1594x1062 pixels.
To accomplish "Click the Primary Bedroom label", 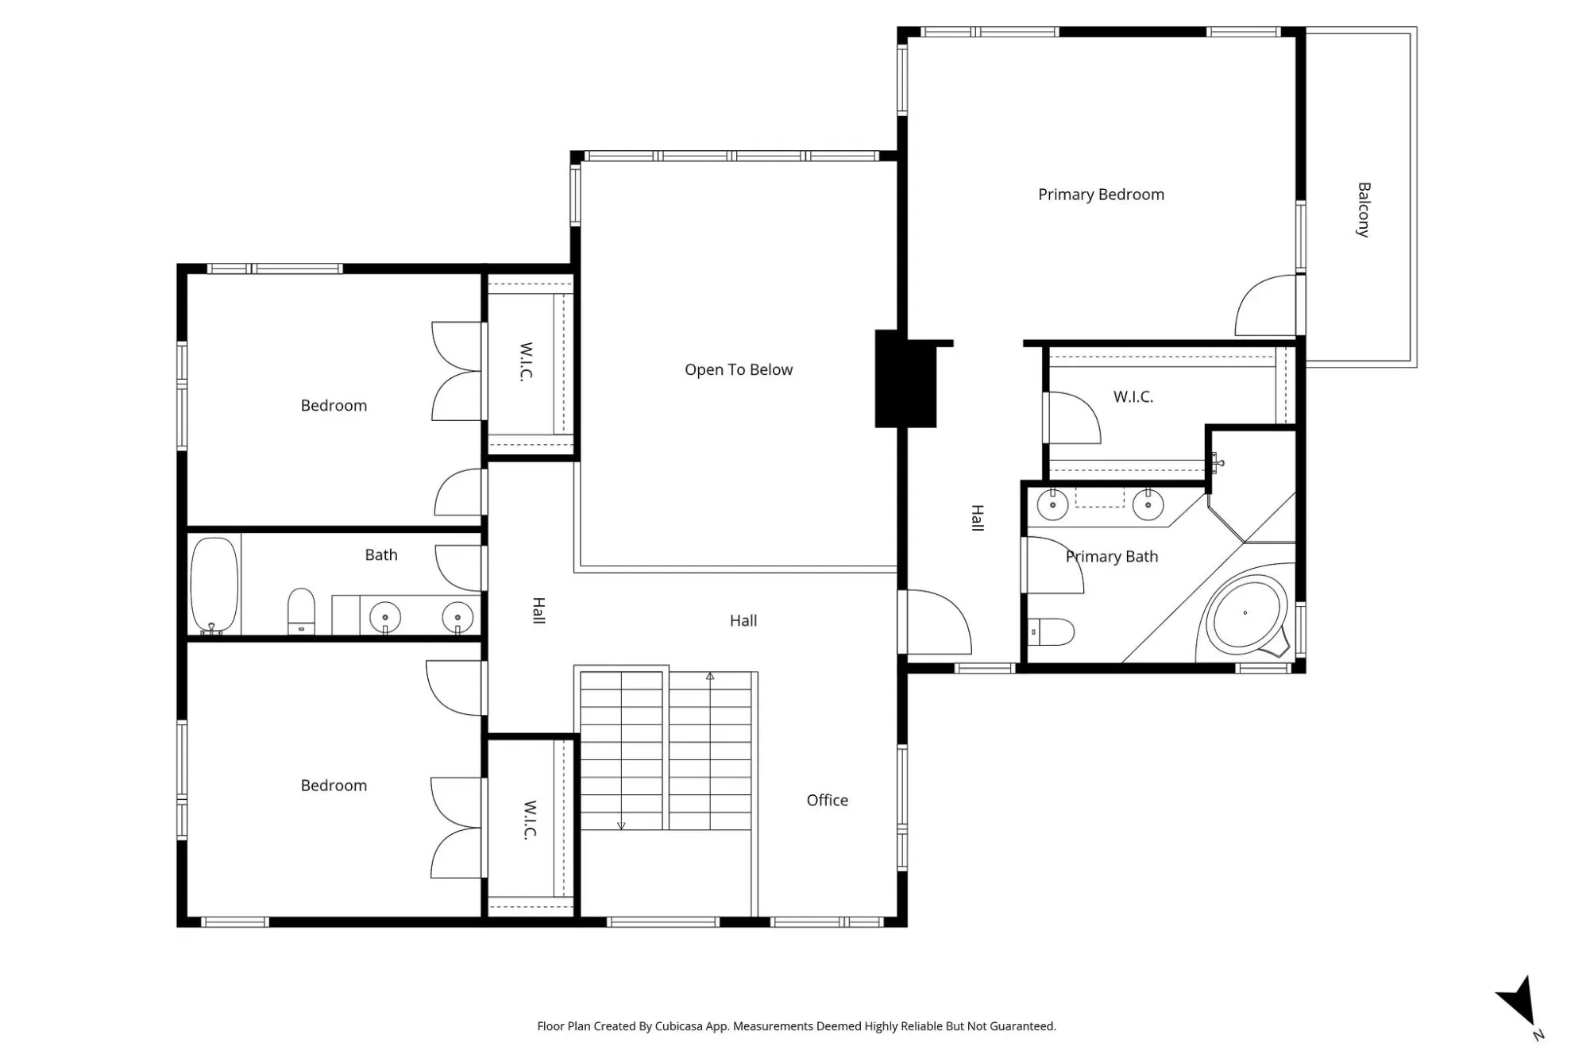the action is [1101, 195].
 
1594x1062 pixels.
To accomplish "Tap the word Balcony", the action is [1364, 210].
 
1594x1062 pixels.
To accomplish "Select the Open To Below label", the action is [739, 369].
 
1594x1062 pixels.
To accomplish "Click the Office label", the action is [828, 800].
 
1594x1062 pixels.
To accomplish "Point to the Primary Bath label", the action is [1112, 557].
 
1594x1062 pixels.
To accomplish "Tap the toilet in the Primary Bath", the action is [1051, 632].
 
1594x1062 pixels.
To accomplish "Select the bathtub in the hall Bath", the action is [214, 585].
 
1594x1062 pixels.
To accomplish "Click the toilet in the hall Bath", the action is [301, 611].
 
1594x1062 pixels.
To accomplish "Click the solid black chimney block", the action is [905, 379].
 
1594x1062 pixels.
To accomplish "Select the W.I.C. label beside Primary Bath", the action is [1133, 396].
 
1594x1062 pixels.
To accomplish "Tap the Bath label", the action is [381, 555].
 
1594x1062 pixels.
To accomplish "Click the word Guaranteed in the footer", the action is [1022, 1026].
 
